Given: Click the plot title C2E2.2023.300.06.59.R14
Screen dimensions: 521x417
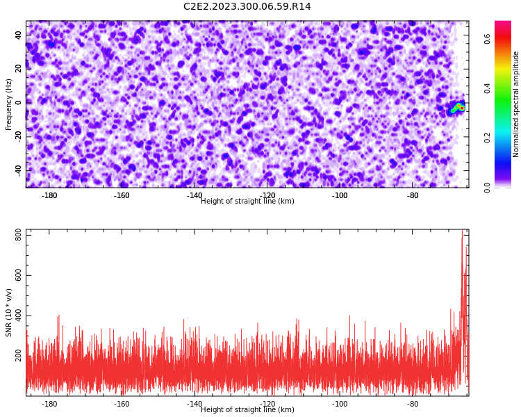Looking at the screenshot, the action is pos(247,6).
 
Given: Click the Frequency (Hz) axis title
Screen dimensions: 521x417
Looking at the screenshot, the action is pos(8,104).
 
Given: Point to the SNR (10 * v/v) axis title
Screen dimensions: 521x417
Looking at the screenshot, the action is pos(8,313).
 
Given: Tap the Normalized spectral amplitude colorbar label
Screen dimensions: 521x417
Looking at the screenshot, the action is pos(515,104).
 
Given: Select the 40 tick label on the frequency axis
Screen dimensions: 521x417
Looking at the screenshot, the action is pos(18,35).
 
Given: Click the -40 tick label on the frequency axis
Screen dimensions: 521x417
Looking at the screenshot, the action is pos(18,170).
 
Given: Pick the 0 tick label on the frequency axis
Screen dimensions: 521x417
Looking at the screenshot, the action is pos(18,103).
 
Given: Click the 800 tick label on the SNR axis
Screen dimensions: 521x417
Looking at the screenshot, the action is pos(18,236).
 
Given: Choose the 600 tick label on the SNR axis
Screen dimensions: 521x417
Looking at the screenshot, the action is pos(18,276).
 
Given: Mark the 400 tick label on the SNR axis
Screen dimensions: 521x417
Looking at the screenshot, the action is pos(18,316).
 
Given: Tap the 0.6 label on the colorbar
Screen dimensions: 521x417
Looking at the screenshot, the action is pos(487,39).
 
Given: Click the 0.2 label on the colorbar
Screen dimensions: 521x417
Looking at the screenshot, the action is pos(487,138).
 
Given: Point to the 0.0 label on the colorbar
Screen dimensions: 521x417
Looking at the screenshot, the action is pos(487,188).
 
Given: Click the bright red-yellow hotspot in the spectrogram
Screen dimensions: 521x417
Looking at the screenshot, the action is pos(460,107).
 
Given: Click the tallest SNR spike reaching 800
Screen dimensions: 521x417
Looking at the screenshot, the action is pos(462,233).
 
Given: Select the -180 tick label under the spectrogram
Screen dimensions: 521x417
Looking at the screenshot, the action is pos(49,195).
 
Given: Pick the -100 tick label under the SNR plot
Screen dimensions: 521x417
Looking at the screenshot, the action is pos(340,404).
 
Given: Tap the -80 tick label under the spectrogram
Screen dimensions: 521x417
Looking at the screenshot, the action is pos(413,195).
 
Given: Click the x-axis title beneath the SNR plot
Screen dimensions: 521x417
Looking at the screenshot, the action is pos(247,409).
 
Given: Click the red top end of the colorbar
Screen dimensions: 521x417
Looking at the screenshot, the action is pos(503,23).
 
